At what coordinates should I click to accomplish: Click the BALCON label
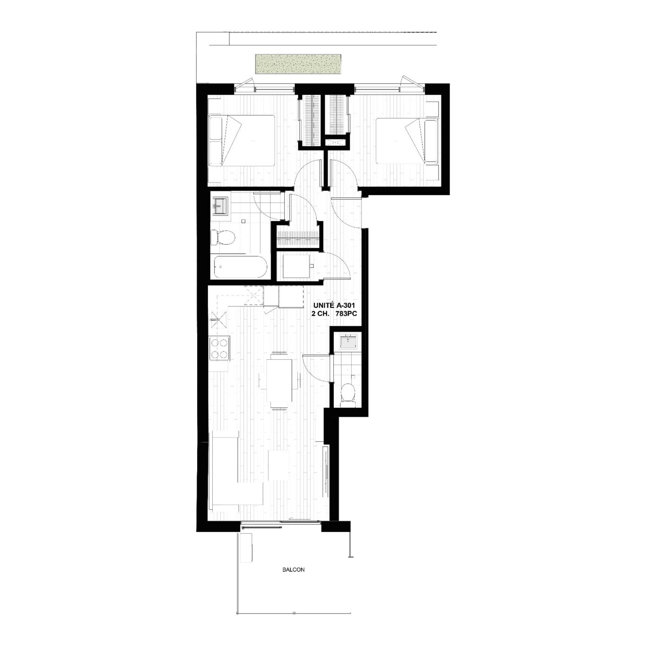coord(293,570)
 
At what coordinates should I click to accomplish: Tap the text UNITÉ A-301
coord(334,305)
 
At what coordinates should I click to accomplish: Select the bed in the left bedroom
coord(242,141)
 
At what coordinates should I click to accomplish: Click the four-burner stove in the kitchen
coord(220,349)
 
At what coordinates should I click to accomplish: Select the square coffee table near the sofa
coord(279,465)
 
